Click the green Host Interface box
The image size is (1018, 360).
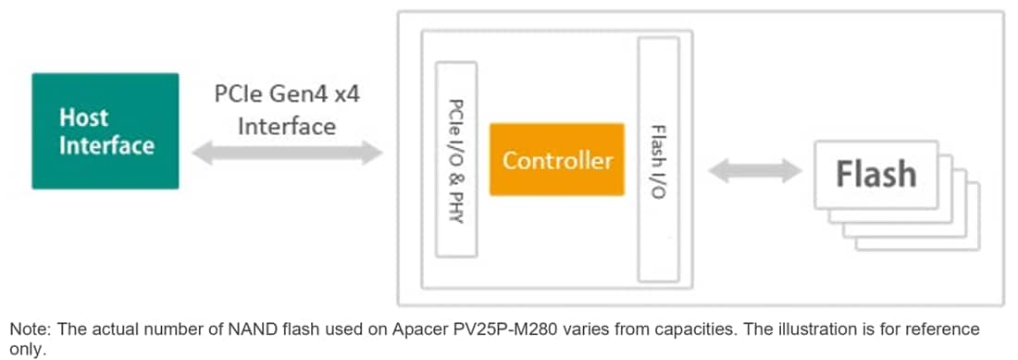coord(105,130)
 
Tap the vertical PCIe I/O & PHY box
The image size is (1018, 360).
coord(455,159)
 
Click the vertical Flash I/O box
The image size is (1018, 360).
coord(658,159)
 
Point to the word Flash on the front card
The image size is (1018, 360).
coord(875,174)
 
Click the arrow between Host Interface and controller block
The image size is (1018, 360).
coord(287,153)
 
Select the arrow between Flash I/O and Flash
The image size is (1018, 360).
coord(754,170)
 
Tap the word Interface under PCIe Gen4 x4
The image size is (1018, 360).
coord(287,126)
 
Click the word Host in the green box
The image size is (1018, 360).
coord(84,118)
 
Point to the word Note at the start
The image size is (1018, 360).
coord(27,329)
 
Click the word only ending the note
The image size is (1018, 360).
coord(24,349)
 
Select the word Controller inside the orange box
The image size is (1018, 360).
coord(557,160)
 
